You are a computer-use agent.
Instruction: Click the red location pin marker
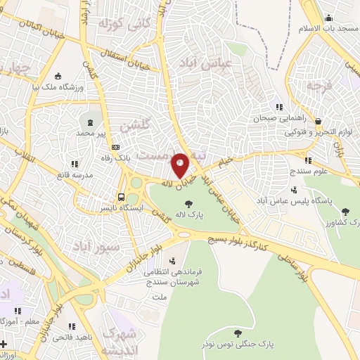tap(180, 165)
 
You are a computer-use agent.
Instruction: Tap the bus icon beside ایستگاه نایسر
tap(122, 197)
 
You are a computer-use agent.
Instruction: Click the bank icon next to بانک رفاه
tap(115, 147)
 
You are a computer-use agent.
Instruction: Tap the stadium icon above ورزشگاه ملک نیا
tap(58, 76)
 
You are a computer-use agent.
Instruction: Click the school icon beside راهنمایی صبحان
tap(279, 107)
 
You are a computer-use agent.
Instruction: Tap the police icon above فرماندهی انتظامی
tap(172, 261)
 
